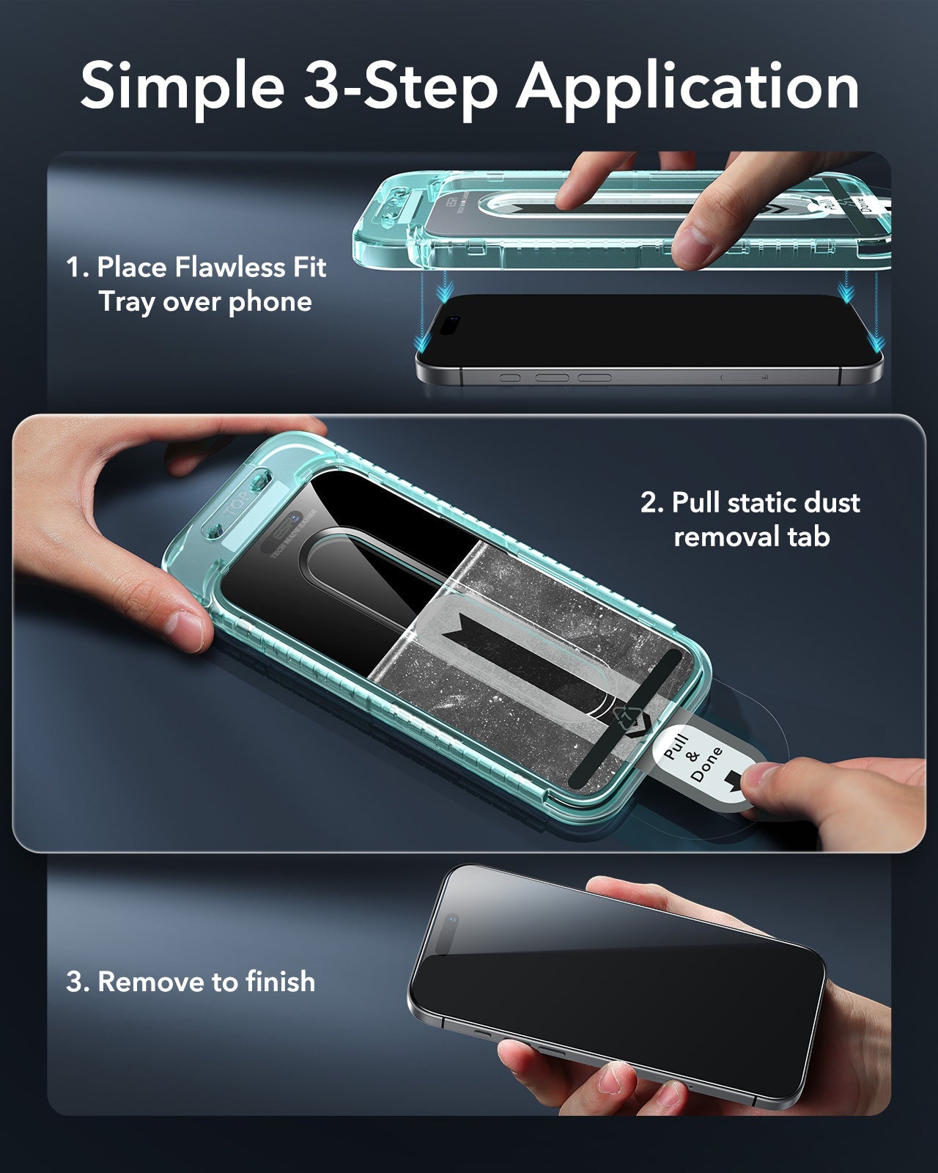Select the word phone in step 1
(270, 301)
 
